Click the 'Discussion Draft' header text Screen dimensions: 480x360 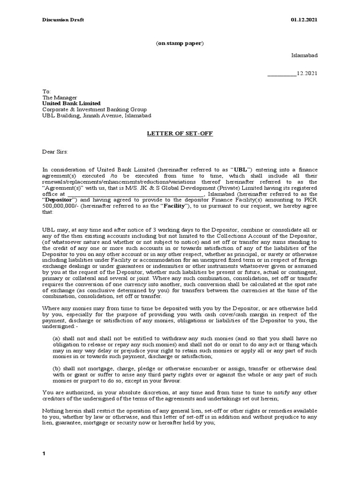[x=63, y=20]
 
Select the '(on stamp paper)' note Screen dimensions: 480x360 [x=180, y=43]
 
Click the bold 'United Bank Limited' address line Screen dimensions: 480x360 [x=71, y=103]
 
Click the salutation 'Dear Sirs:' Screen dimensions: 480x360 [x=55, y=152]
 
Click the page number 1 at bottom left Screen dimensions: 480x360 [x=44, y=454]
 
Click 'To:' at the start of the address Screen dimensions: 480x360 [x=46, y=91]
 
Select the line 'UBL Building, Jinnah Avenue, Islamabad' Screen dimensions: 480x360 [x=97, y=116]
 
